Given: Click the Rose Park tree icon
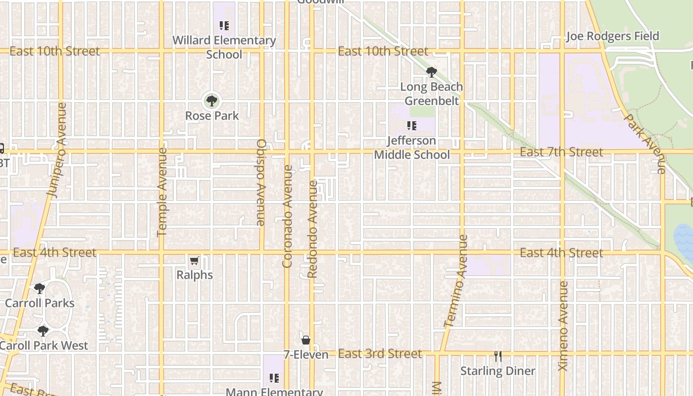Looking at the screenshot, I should (212, 101).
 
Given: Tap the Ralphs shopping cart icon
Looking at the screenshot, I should (195, 261).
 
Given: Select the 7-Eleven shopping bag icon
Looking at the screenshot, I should (306, 340).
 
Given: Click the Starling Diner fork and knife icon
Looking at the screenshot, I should (498, 356).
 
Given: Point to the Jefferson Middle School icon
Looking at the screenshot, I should (411, 126).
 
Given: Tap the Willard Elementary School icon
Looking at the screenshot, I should (224, 25).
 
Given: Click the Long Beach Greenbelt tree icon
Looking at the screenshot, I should (432, 72).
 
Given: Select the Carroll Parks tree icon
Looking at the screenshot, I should (40, 289).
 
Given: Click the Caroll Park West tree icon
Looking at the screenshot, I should (43, 331).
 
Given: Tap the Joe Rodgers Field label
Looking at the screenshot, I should (612, 36).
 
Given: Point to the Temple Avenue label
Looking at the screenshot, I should (162, 192).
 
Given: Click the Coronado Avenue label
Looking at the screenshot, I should (287, 216).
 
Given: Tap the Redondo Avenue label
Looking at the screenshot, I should (312, 229).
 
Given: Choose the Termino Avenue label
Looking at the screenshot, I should (456, 281).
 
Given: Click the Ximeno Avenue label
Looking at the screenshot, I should (563, 326).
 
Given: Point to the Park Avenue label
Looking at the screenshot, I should (645, 144).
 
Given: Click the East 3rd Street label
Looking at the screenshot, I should (380, 353).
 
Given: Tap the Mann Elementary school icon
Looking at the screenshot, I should (274, 379).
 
